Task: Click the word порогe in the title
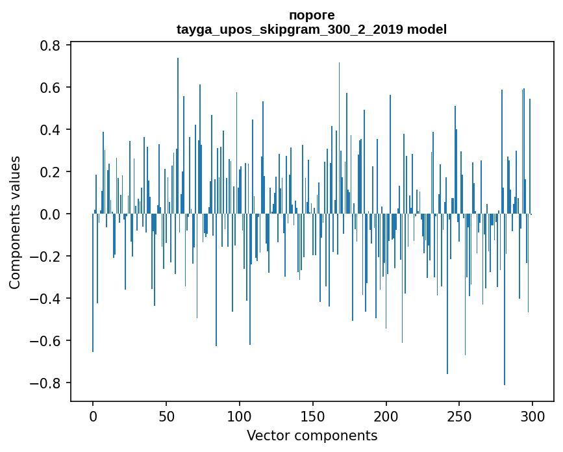click(312, 15)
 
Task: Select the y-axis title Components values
click(15, 222)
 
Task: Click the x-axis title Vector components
click(312, 435)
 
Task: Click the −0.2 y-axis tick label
click(45, 257)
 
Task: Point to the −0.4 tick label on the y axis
click(45, 299)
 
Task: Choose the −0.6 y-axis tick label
click(45, 341)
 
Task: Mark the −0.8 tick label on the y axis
click(45, 383)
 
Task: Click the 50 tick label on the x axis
click(166, 416)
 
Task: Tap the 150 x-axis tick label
click(313, 416)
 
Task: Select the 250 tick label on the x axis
click(459, 416)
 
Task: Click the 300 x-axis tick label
click(532, 416)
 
